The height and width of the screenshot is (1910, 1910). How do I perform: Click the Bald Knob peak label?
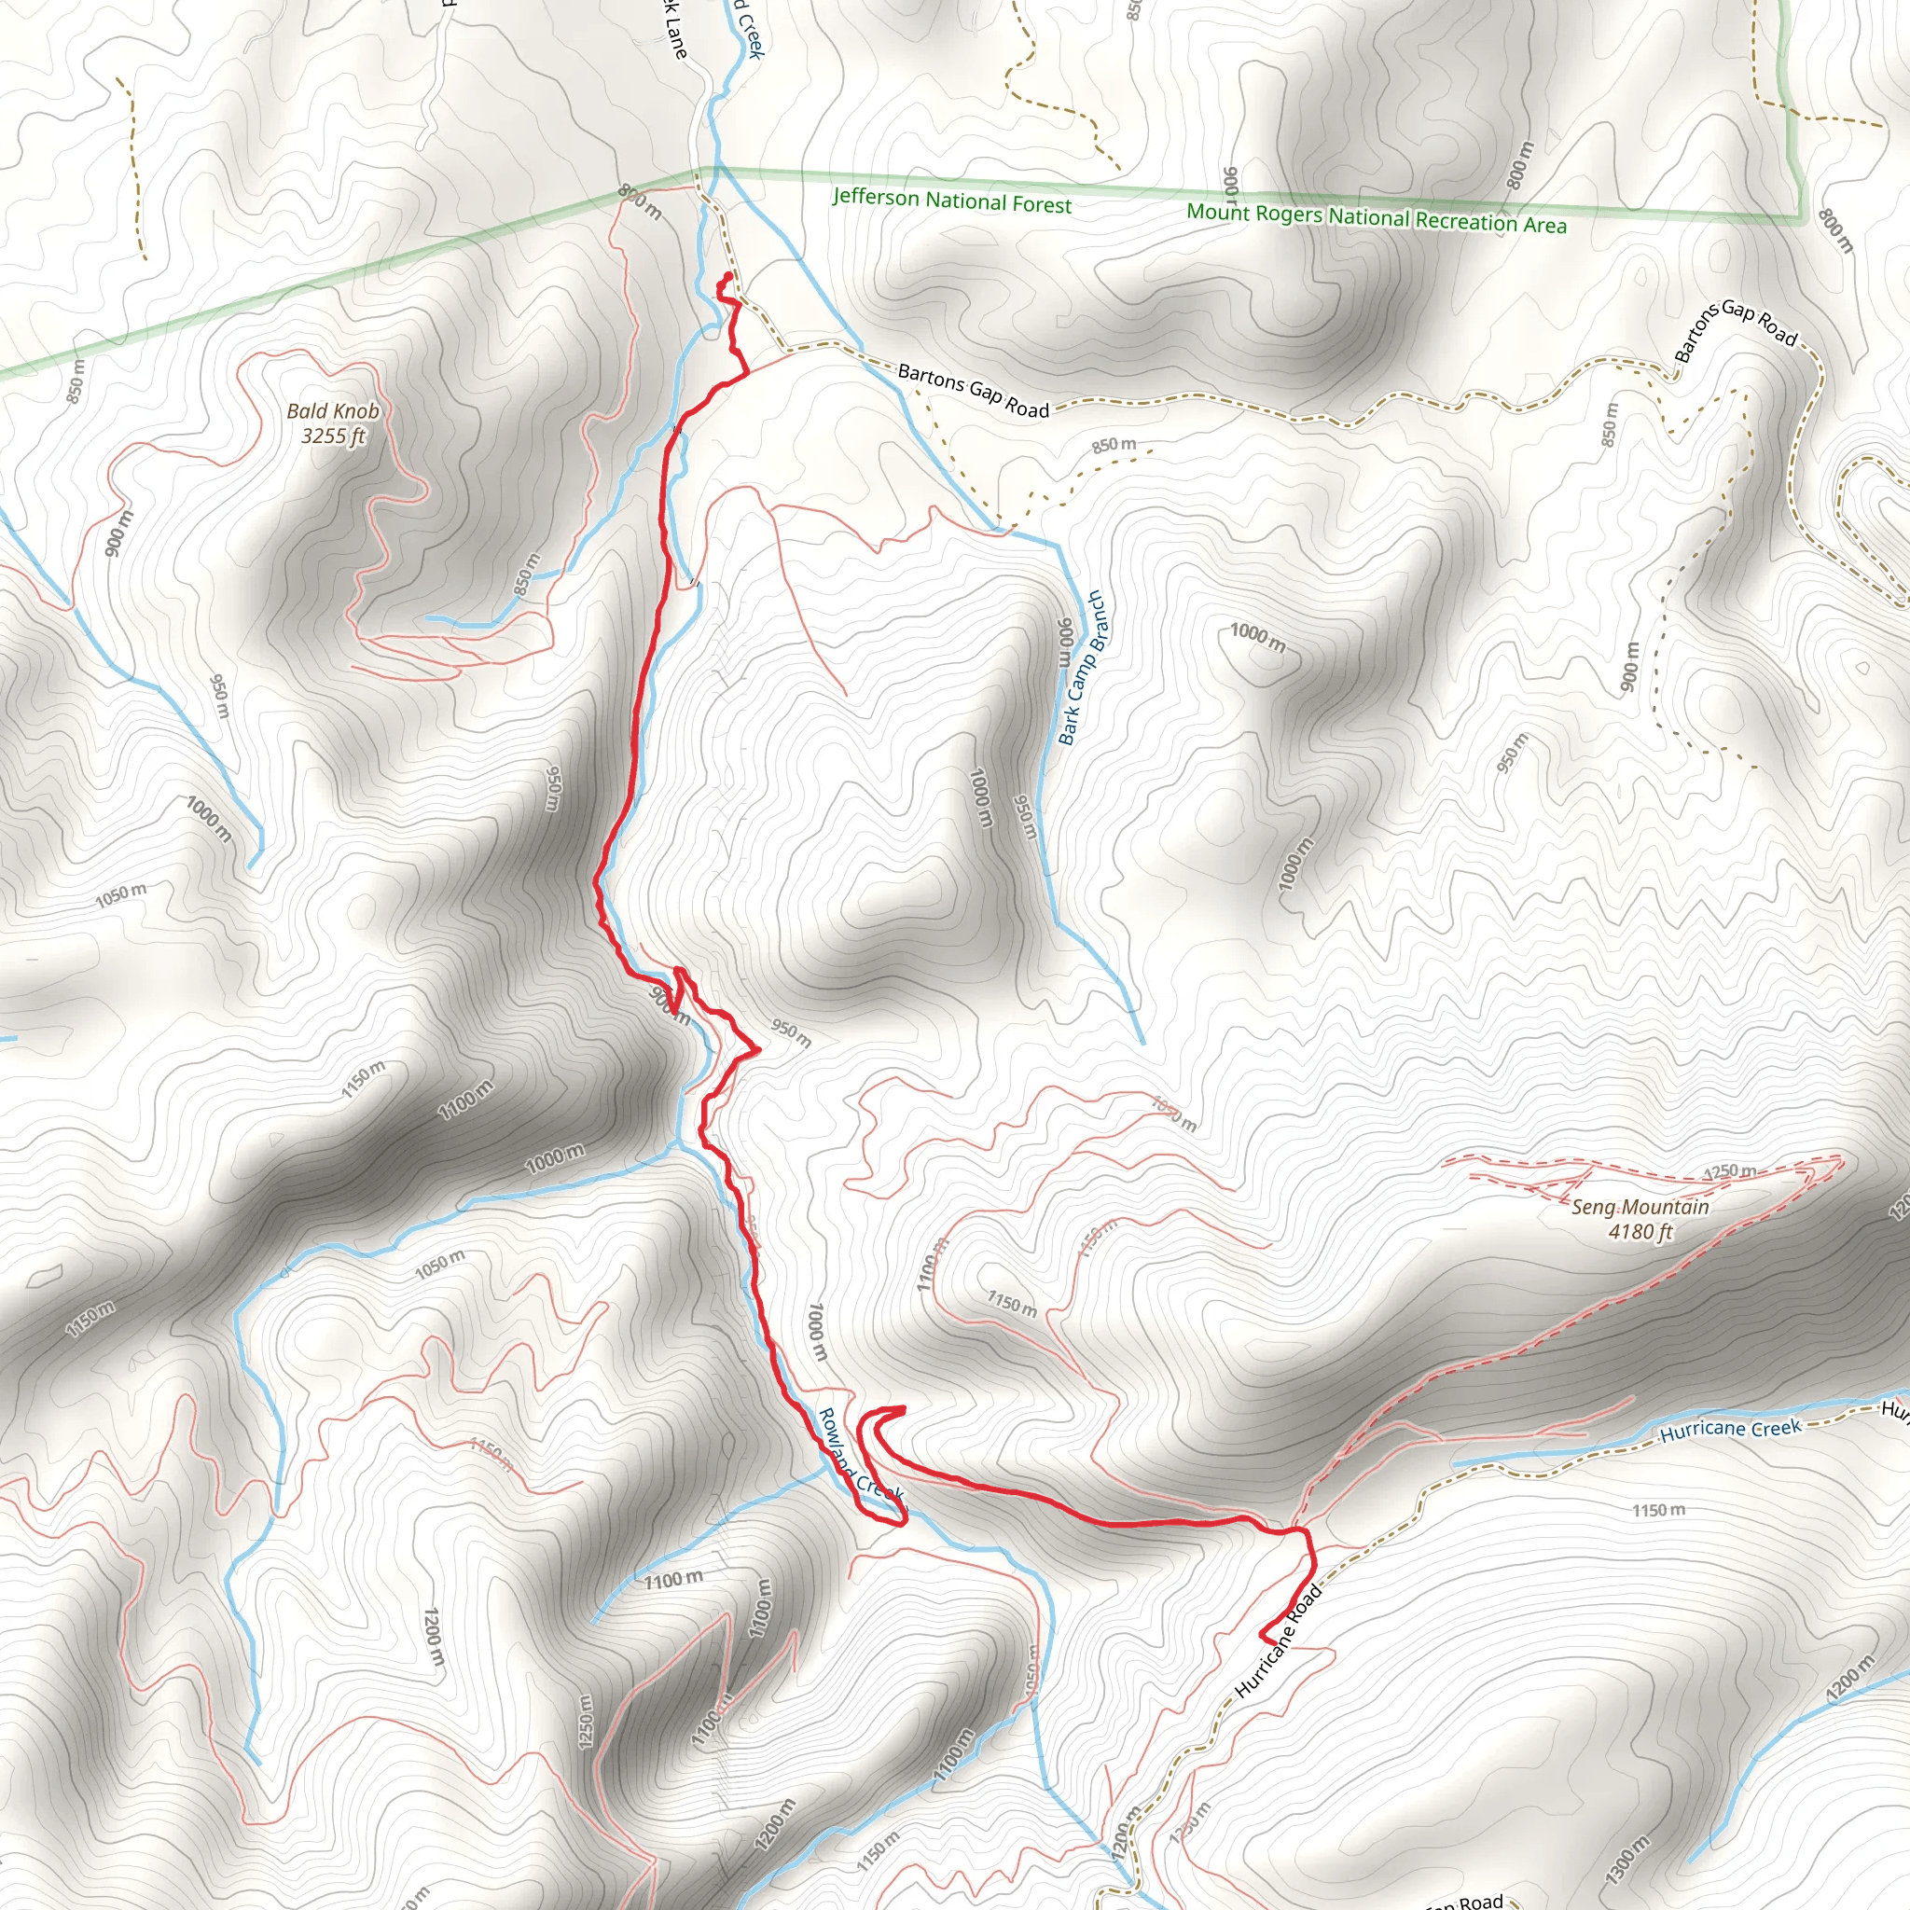[x=333, y=410]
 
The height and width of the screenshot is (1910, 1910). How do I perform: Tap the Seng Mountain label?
[x=1640, y=1207]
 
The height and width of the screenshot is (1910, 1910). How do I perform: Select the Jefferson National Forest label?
[x=951, y=200]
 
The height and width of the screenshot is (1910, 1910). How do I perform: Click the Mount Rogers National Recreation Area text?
[x=1377, y=217]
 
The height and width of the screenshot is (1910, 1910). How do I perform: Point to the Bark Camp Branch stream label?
[x=1083, y=668]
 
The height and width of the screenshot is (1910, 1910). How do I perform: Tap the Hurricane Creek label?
[x=1730, y=1430]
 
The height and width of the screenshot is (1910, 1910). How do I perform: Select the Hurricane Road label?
[x=1278, y=1642]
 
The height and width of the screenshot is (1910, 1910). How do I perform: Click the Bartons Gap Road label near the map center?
[x=973, y=391]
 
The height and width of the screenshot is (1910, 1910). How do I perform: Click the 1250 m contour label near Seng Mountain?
[x=1729, y=1171]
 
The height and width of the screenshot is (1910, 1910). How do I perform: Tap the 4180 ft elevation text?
[x=1640, y=1232]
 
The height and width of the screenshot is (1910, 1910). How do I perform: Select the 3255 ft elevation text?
[x=333, y=436]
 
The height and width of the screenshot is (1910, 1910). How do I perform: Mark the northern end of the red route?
[x=728, y=275]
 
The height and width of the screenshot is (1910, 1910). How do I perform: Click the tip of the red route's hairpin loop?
[x=902, y=1409]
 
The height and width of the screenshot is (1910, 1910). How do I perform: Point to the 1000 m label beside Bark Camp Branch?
[x=1257, y=638]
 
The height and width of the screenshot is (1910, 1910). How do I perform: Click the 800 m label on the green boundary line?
[x=640, y=201]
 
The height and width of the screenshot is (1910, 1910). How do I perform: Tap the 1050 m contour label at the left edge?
[x=120, y=894]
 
